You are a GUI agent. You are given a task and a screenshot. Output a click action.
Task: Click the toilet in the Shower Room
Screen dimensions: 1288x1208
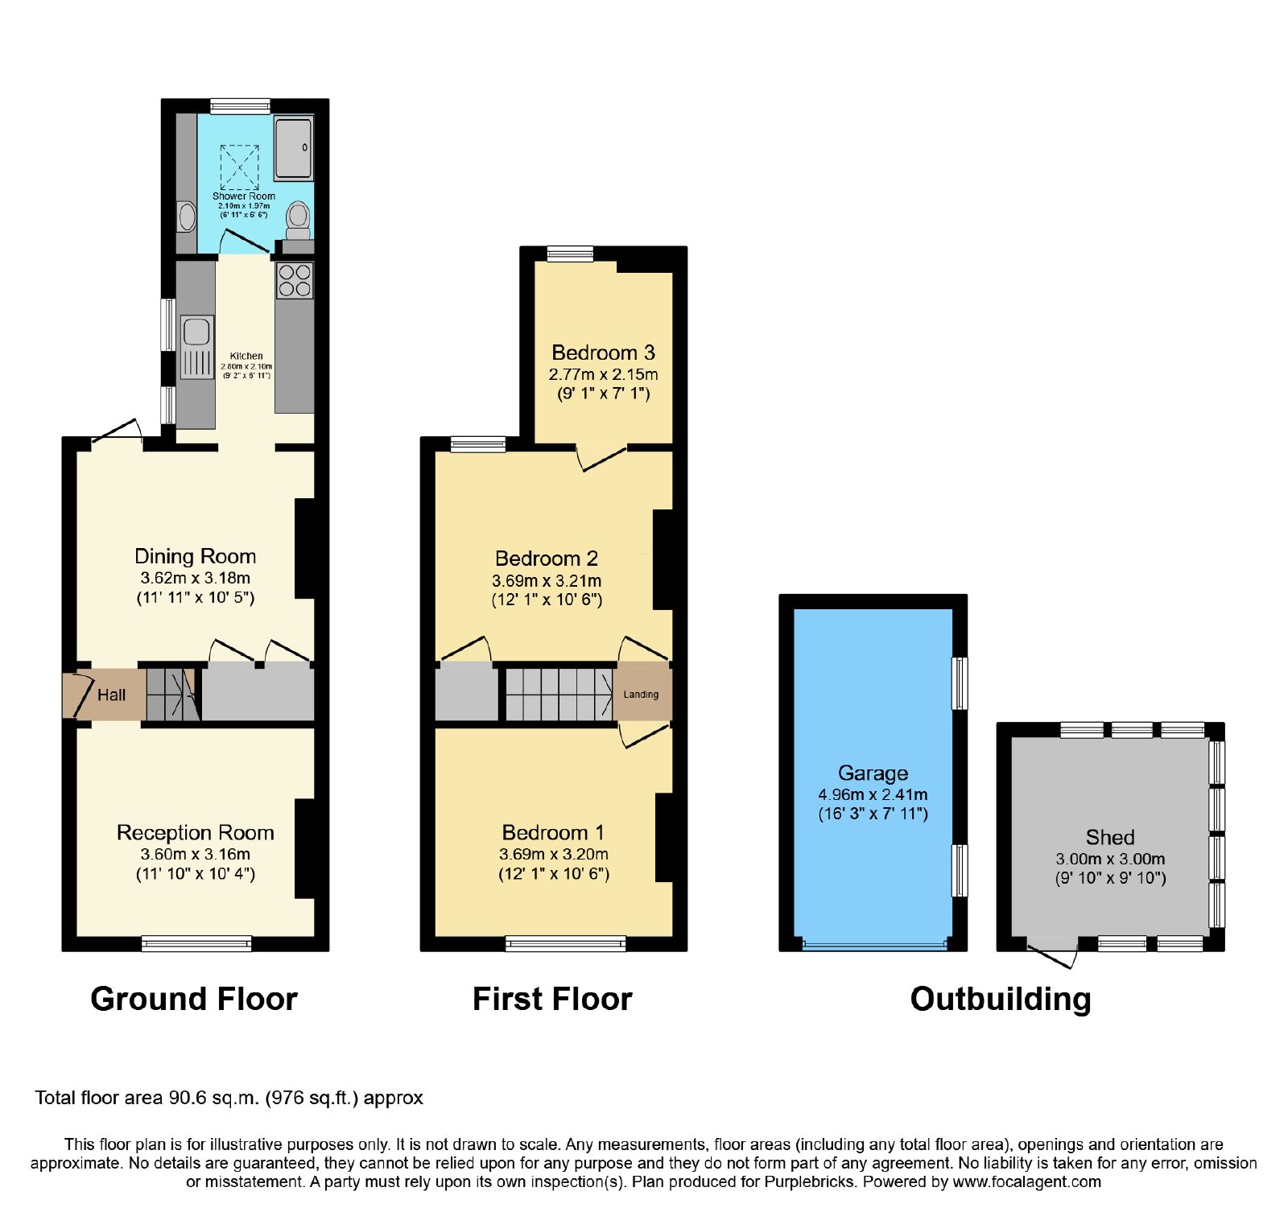tap(298, 220)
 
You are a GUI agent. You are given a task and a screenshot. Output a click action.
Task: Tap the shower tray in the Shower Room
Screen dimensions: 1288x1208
tap(293, 147)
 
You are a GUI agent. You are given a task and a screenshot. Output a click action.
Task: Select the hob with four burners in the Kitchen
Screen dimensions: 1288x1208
tap(295, 280)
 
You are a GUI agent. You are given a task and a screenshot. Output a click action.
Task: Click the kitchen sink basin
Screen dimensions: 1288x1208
tap(196, 332)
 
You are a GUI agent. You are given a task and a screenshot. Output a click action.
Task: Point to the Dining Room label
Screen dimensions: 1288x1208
tap(196, 556)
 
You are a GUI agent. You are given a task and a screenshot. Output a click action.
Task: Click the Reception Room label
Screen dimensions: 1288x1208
tap(196, 832)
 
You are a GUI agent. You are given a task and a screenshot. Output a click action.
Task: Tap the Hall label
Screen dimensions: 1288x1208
tap(111, 695)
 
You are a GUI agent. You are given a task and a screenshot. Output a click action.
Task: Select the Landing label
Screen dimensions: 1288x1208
tap(641, 695)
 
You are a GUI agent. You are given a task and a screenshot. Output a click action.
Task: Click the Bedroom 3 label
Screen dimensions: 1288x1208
tap(603, 353)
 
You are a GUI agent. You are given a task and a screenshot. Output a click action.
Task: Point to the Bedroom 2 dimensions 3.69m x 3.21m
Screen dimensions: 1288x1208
tap(547, 580)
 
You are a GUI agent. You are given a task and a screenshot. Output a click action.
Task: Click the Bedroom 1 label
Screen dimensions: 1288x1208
tap(553, 832)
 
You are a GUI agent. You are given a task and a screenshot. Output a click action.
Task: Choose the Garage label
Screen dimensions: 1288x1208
tap(873, 773)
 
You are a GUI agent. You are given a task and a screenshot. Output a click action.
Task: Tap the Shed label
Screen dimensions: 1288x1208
tap(1110, 837)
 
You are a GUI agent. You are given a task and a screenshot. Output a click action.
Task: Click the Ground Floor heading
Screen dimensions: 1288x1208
tap(194, 999)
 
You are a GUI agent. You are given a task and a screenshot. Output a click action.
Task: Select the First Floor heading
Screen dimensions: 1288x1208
tap(552, 999)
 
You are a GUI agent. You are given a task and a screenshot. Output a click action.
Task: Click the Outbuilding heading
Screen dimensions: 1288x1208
tap(1001, 999)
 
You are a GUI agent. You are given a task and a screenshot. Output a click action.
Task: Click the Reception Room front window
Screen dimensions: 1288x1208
tap(196, 943)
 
